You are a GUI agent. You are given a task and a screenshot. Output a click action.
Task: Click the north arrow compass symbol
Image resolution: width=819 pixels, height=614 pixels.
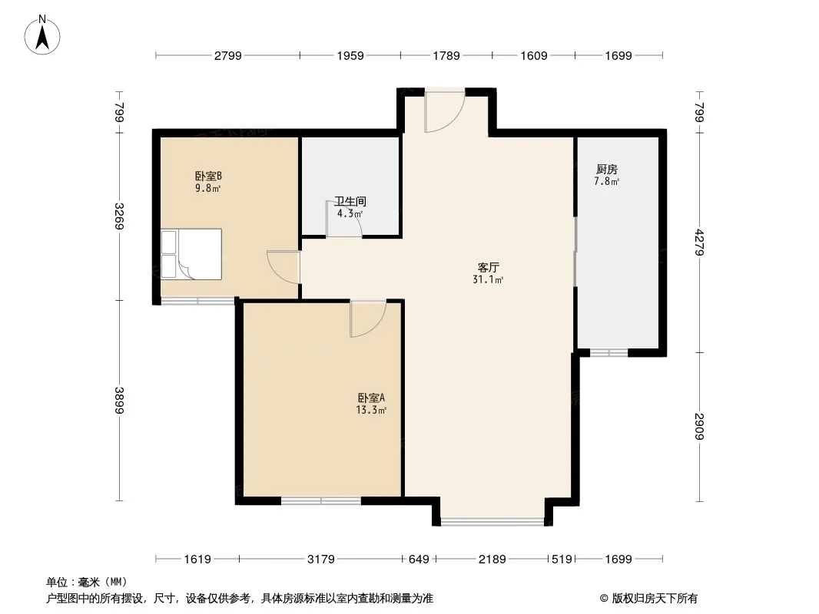42,35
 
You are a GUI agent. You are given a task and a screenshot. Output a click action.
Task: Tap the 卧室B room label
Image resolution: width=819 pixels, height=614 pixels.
208,177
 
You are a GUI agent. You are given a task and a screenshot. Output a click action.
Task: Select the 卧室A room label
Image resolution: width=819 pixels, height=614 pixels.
371,398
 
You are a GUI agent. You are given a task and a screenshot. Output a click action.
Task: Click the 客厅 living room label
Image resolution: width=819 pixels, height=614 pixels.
488,268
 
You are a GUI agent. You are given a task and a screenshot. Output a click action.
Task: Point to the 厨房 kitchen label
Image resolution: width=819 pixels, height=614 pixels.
607,170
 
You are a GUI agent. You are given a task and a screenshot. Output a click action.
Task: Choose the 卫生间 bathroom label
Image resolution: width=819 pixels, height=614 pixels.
350,201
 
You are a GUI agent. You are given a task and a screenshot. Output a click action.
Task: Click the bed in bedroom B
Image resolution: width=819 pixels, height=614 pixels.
191,254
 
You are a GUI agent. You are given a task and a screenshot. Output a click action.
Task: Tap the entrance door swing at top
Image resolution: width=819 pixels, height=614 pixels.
445,111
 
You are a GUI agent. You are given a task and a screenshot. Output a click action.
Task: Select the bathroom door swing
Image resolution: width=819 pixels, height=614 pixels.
343,220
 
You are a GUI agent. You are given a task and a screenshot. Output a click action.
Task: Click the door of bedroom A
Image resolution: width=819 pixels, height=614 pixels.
368,319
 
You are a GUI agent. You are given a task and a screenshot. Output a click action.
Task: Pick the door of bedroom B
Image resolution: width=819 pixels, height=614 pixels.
283,268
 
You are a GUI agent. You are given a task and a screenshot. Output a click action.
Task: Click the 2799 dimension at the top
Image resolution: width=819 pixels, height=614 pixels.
227,55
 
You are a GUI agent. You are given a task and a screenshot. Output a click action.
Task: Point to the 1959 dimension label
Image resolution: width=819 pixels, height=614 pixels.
350,55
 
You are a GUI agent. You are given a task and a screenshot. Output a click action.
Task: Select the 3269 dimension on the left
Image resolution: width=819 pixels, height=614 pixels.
120,216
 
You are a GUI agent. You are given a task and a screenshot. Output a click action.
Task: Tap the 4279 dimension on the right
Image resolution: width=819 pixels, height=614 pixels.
700,243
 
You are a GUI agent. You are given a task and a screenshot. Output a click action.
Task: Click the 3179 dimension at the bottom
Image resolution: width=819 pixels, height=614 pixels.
320,560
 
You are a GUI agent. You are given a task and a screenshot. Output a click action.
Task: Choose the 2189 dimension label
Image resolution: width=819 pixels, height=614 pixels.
492,560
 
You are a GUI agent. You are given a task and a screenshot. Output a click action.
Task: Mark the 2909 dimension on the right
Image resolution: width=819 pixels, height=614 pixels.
700,426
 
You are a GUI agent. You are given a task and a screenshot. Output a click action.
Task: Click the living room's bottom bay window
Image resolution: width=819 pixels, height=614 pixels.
492,520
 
